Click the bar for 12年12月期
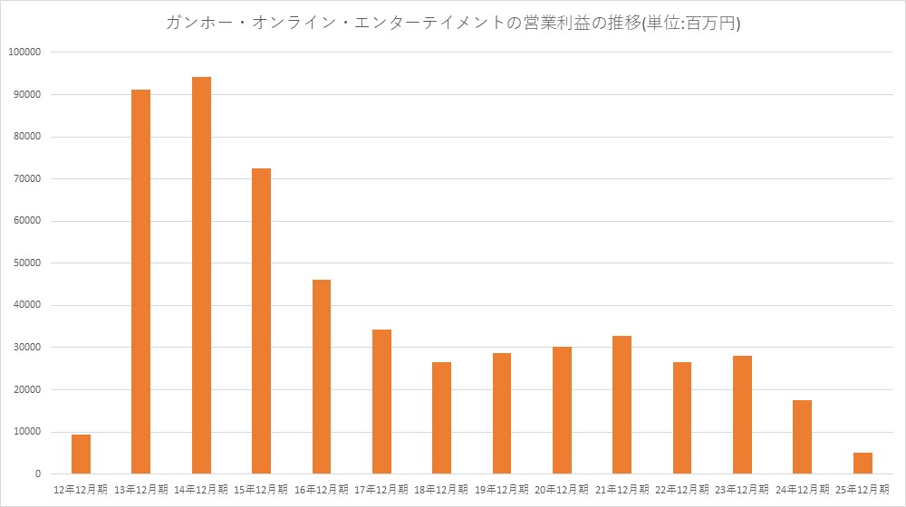pyautogui.click(x=81, y=454)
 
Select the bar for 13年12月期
pyautogui.click(x=140, y=282)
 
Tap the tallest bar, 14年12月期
pyautogui.click(x=201, y=275)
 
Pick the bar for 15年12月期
pyautogui.click(x=261, y=321)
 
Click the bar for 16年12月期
pyautogui.click(x=322, y=377)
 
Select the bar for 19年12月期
pyautogui.click(x=502, y=413)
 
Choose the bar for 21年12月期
pyautogui.click(x=622, y=405)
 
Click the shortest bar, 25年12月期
pyautogui.click(x=863, y=463)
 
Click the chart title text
pyautogui.click(x=453, y=24)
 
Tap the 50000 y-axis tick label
pyautogui.click(x=26, y=263)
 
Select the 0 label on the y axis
pyautogui.click(x=37, y=474)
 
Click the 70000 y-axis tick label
pyautogui.click(x=26, y=179)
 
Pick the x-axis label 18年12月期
pyautogui.click(x=441, y=489)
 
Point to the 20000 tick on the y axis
pyautogui.click(x=26, y=390)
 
